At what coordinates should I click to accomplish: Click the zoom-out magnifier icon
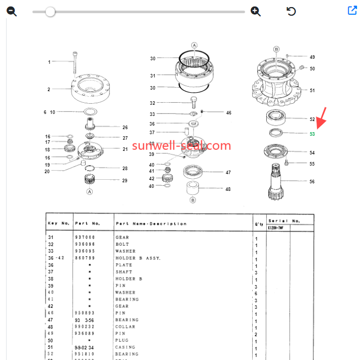[x=12, y=11]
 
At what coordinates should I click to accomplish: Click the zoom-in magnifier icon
[x=256, y=11]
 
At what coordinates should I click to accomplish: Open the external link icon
[x=352, y=11]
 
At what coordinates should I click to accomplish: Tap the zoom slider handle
[x=50, y=12]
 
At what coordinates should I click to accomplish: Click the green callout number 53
[x=312, y=134]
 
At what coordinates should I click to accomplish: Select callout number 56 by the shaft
[x=312, y=181]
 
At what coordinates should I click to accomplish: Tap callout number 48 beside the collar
[x=228, y=189]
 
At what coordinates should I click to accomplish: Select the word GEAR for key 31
[x=123, y=237]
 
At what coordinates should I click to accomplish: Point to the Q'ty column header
[x=259, y=223]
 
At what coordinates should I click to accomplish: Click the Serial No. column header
[x=285, y=221]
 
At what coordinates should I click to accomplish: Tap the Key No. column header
[x=58, y=223]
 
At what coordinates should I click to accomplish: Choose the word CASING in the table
[x=126, y=347]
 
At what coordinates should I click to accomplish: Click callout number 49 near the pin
[x=312, y=57]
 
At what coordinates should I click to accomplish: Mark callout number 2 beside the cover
[x=49, y=90]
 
